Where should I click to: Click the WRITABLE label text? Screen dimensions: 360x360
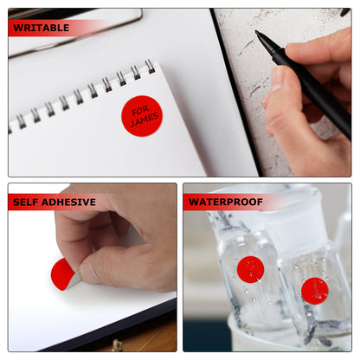pos(42,29)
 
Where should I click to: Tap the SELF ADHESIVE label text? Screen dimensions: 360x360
pos(55,202)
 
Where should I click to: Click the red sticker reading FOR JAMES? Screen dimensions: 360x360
pos(141,116)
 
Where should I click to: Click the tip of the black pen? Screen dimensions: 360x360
pos(257,34)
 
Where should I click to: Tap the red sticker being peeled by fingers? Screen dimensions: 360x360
pos(62,274)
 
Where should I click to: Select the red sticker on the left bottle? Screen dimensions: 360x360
pos(250,269)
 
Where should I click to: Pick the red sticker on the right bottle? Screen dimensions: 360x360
pos(314,291)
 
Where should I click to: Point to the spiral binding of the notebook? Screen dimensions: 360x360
pos(82,95)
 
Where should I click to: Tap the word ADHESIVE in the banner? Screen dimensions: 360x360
pos(68,202)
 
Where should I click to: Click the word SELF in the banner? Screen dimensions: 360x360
pos(27,202)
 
